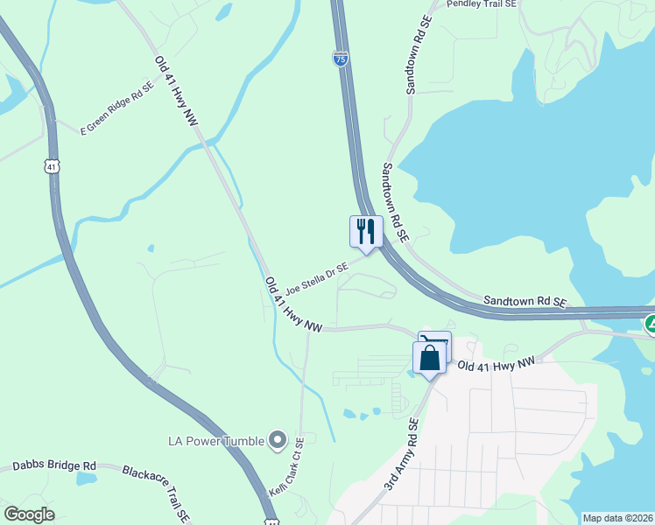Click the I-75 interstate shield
click(341, 59)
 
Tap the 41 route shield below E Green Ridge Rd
click(53, 165)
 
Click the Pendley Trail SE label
click(482, 4)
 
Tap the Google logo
click(29, 514)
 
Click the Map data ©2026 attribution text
click(616, 518)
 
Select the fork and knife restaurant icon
click(366, 232)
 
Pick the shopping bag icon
click(429, 358)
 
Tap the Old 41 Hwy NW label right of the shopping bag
click(496, 364)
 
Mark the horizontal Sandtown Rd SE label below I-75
click(526, 300)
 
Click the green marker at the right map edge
click(651, 324)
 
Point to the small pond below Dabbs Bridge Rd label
click(85, 479)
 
